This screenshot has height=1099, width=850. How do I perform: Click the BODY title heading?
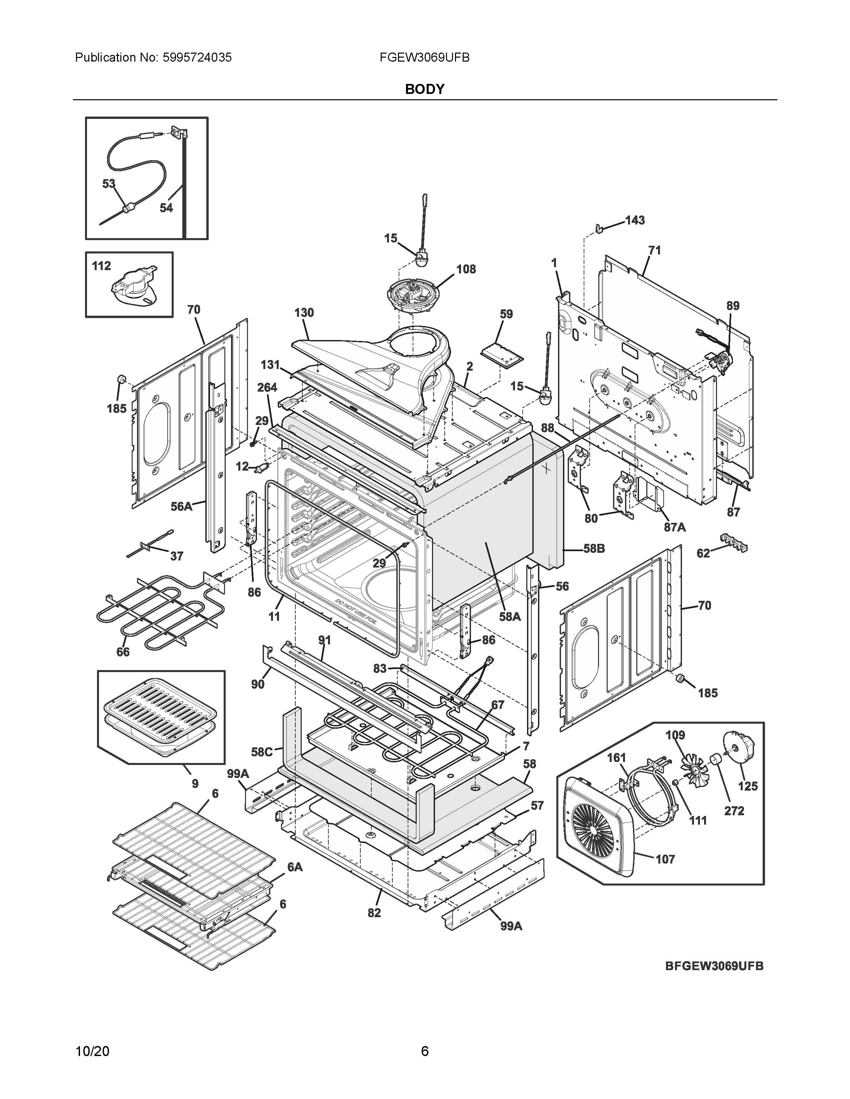pyautogui.click(x=424, y=89)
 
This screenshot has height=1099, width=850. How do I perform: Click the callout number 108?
pyautogui.click(x=466, y=269)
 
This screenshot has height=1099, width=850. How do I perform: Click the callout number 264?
pyautogui.click(x=267, y=387)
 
